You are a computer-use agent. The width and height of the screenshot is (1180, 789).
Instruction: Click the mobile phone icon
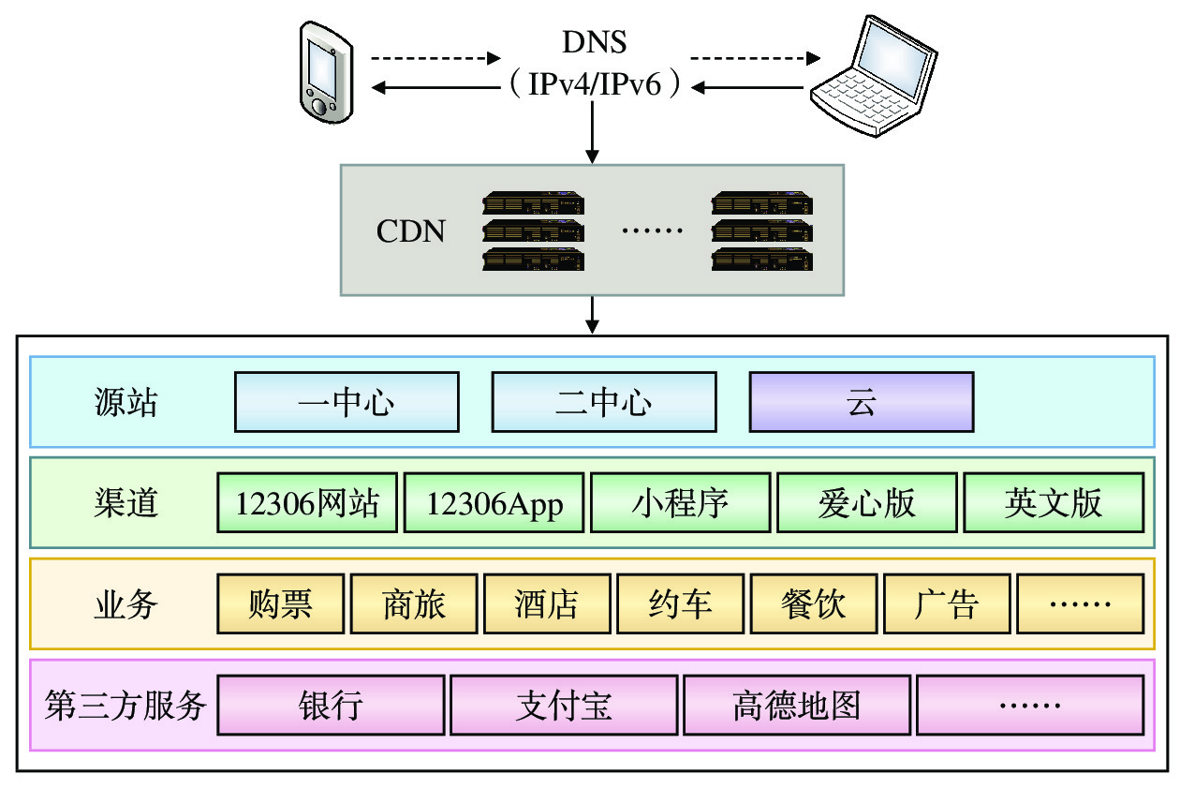(324, 71)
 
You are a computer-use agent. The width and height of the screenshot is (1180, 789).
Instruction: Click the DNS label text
(594, 42)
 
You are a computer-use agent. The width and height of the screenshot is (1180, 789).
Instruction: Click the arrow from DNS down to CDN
(592, 131)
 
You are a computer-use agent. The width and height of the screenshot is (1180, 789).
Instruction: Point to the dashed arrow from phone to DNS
(437, 58)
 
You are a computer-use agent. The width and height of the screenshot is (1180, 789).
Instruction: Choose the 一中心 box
(347, 403)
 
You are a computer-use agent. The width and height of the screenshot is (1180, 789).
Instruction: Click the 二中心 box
(604, 403)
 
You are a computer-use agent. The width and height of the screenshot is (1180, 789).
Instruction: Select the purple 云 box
(862, 403)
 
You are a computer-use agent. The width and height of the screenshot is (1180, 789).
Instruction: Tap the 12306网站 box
(307, 504)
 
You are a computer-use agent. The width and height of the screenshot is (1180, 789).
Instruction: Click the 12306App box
(494, 504)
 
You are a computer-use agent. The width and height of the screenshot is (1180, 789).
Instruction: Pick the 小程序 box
(680, 504)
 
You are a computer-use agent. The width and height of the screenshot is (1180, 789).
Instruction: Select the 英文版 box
(1054, 504)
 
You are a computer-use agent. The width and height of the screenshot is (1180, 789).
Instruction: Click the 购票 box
(281, 604)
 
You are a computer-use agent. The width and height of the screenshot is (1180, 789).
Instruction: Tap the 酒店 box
(547, 604)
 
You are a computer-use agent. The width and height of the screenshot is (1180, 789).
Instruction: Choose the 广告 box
(947, 604)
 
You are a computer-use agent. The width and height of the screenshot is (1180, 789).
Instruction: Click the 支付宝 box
(564, 705)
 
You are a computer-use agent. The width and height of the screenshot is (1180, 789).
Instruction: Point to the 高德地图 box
(796, 705)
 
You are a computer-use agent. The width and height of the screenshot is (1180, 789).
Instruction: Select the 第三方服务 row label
(125, 705)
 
